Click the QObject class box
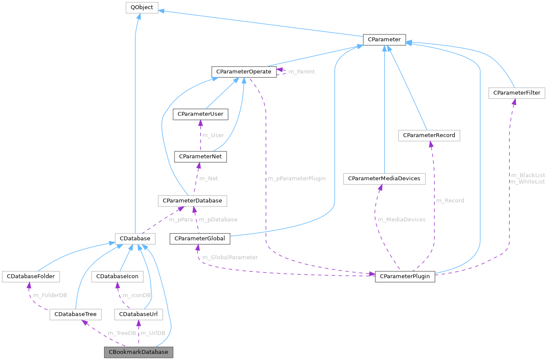(x=142, y=7)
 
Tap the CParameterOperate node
(x=244, y=71)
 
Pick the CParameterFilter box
(x=517, y=93)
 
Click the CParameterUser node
(x=200, y=114)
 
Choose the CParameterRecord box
(x=429, y=135)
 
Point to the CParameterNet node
(x=200, y=157)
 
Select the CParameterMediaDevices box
(x=384, y=178)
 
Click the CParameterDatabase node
(x=192, y=200)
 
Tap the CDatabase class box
(x=135, y=238)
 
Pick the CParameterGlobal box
(x=200, y=238)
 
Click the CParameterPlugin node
(x=405, y=276)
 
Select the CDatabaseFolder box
(x=30, y=276)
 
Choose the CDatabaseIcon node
(x=117, y=276)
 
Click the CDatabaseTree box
(x=76, y=314)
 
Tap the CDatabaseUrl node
(x=138, y=314)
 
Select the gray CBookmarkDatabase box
(x=138, y=352)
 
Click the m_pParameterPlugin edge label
(x=296, y=178)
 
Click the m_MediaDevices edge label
(x=401, y=219)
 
